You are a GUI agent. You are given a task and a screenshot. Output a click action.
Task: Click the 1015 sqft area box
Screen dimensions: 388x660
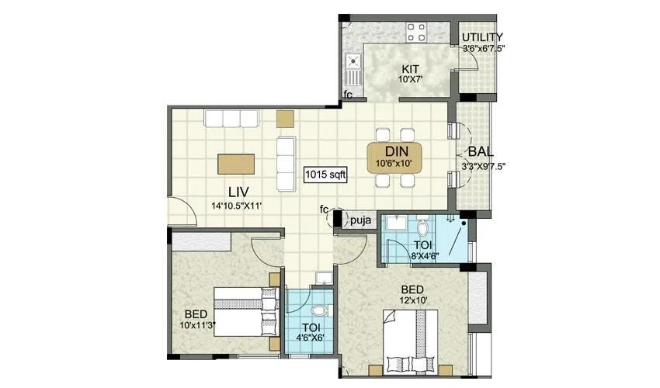tap(325, 175)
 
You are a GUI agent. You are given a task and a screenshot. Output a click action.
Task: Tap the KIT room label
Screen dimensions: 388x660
tap(411, 69)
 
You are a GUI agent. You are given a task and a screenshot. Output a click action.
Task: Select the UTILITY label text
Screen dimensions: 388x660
tap(482, 37)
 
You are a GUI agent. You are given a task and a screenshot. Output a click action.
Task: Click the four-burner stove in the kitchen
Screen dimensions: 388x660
tap(415, 32)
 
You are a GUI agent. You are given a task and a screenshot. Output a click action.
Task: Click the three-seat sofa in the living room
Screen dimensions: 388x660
tap(230, 118)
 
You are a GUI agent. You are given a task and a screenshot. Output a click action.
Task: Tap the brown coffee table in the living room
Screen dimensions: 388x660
tap(237, 163)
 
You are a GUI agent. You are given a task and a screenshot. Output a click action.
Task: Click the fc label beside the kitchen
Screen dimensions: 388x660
tap(348, 95)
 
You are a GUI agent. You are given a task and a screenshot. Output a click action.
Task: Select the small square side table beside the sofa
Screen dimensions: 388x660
tap(286, 118)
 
